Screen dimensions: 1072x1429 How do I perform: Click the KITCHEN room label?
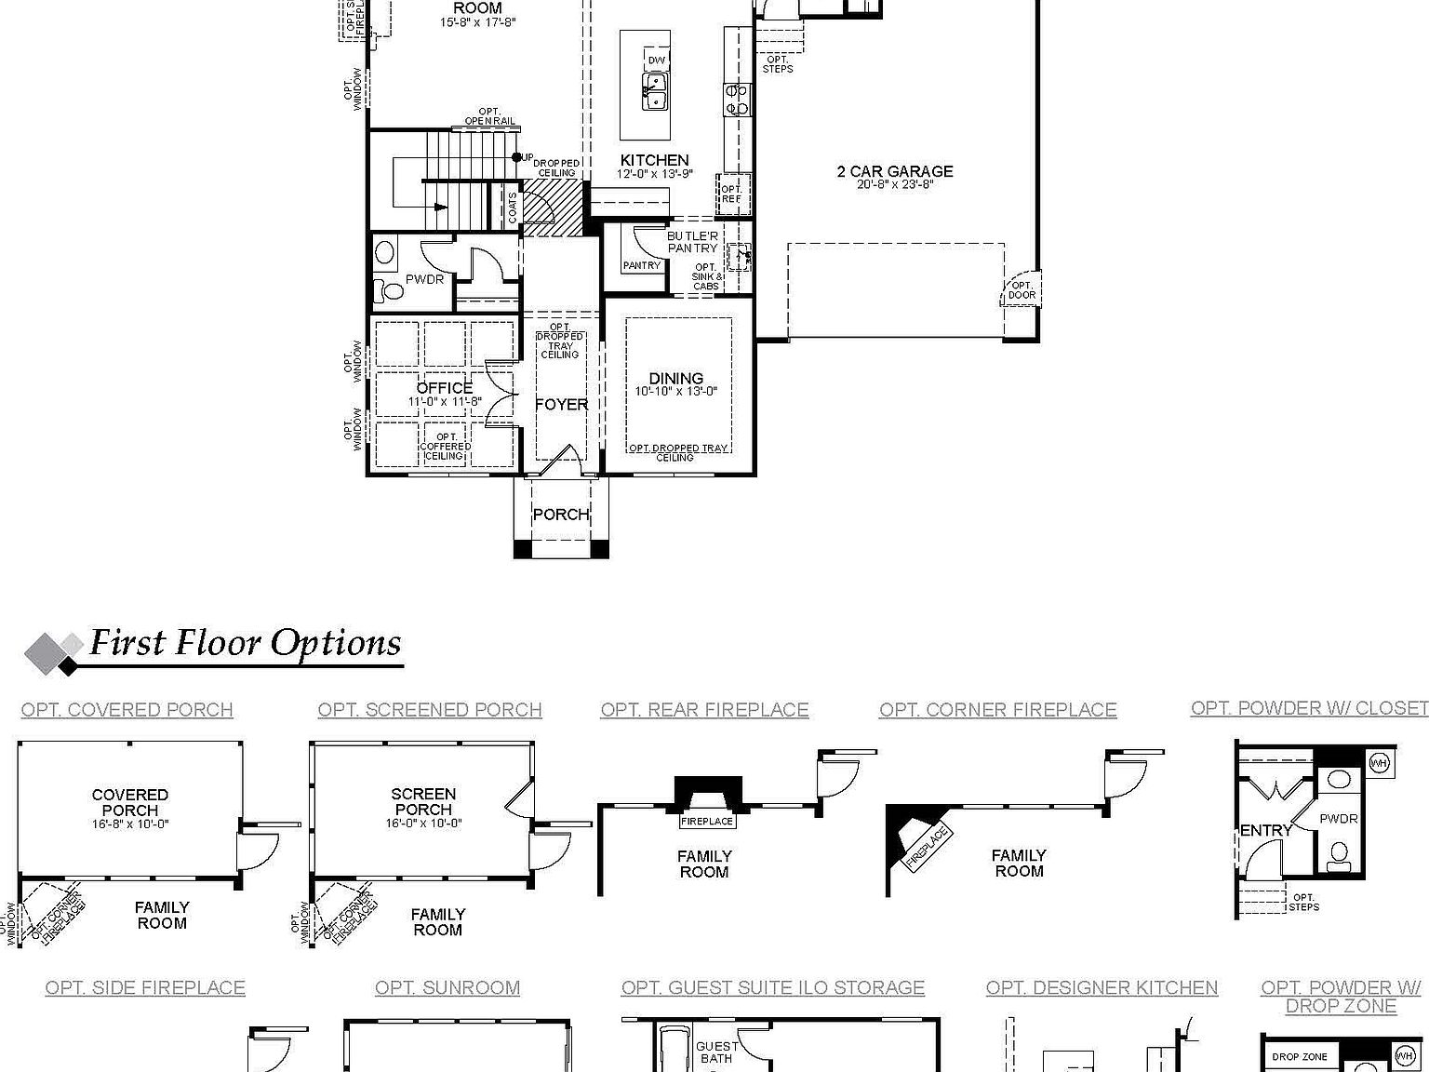coord(654,161)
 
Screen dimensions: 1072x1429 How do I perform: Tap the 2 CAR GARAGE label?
coord(895,171)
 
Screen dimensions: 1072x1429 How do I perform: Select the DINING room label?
coord(675,379)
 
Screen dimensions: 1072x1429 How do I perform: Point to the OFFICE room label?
coord(445,388)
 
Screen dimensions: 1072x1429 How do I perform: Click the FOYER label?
coord(561,405)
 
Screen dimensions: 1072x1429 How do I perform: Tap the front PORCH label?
coord(560,515)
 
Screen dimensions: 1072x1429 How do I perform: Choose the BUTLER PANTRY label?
coord(692,242)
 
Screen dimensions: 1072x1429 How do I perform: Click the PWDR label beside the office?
coord(424,279)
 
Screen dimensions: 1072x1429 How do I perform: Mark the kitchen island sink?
coord(653,91)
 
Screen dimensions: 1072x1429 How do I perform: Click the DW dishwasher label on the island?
coord(657,60)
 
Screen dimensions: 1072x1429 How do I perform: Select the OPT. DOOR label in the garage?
coord(1022,290)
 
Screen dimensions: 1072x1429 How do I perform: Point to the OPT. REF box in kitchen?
coord(732,194)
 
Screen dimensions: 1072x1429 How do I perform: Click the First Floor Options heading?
coord(245,644)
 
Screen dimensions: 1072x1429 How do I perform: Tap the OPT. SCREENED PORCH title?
coord(430,710)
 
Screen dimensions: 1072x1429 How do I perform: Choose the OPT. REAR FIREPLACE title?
coord(704,710)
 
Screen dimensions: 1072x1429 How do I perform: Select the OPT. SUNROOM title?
coord(447,988)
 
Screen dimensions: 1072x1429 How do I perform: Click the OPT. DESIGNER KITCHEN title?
coord(1102,988)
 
